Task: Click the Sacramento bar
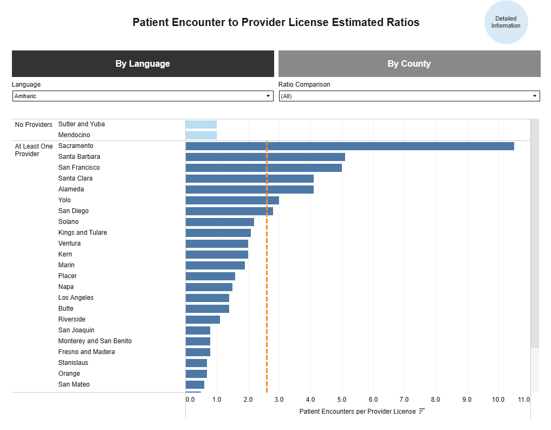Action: pyautogui.click(x=349, y=146)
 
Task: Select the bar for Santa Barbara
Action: pyautogui.click(x=265, y=157)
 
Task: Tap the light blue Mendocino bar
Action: pyautogui.click(x=201, y=135)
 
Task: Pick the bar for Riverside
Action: pyautogui.click(x=203, y=319)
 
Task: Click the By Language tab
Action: pyautogui.click(x=142, y=63)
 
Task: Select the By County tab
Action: pyautogui.click(x=409, y=63)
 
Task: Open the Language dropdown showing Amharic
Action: pyautogui.click(x=142, y=96)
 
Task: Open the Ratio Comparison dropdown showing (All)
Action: pyautogui.click(x=409, y=96)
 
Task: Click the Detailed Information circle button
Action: pyautogui.click(x=505, y=22)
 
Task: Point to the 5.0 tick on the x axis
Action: pyautogui.click(x=341, y=400)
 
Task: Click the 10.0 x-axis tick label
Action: pyautogui.click(x=498, y=400)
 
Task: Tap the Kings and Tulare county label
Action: pyautogui.click(x=82, y=233)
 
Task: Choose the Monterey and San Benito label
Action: pyautogui.click(x=95, y=341)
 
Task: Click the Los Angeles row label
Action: pyautogui.click(x=76, y=298)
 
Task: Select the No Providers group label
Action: pyautogui.click(x=34, y=125)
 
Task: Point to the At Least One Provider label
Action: pyautogui.click(x=34, y=150)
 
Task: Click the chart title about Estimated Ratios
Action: pyautogui.click(x=276, y=22)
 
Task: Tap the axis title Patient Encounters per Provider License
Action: pyautogui.click(x=357, y=412)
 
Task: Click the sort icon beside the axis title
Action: pyautogui.click(x=422, y=412)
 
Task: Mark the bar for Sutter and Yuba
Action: pyautogui.click(x=201, y=124)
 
